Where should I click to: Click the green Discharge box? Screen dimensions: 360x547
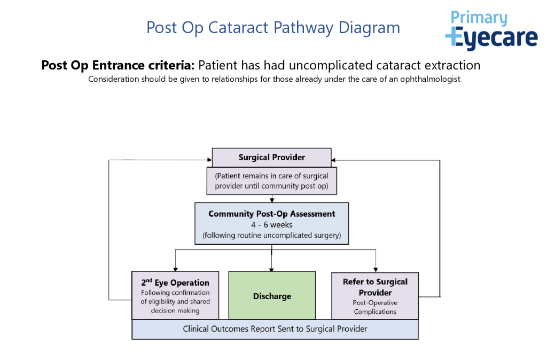pyautogui.click(x=271, y=296)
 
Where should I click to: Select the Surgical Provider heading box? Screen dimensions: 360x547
pyautogui.click(x=271, y=158)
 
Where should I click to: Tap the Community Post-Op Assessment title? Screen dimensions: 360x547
pyautogui.click(x=271, y=214)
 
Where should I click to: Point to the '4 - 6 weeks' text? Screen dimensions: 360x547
pyautogui.click(x=271, y=225)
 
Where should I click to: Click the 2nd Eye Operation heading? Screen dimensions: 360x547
pyautogui.click(x=175, y=283)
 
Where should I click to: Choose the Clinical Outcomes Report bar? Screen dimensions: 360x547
pyautogui.click(x=275, y=329)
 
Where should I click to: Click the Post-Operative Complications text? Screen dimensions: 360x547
pyautogui.click(x=375, y=307)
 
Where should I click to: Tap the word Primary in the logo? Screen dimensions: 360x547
pyautogui.click(x=479, y=18)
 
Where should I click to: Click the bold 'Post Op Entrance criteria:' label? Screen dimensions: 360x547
pyautogui.click(x=118, y=66)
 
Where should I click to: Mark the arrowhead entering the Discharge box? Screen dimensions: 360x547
pyautogui.click(x=271, y=269)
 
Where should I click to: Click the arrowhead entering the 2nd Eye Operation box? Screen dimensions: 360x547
pyautogui.click(x=175, y=269)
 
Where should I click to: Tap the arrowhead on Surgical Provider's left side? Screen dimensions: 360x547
pyautogui.click(x=209, y=159)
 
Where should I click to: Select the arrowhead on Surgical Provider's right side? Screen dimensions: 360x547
pyautogui.click(x=334, y=159)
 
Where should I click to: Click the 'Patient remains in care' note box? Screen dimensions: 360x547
pyautogui.click(x=271, y=181)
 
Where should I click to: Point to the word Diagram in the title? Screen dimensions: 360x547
pyautogui.click(x=372, y=27)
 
